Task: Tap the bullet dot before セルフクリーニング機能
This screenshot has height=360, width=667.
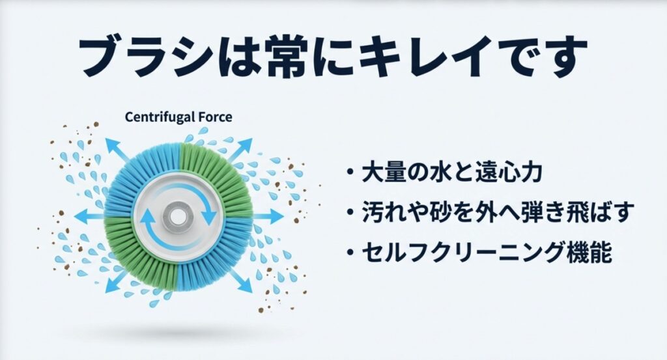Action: coord(350,252)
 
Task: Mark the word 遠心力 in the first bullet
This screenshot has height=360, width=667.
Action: coord(512,174)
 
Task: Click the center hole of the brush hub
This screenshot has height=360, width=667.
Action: coord(177,215)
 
